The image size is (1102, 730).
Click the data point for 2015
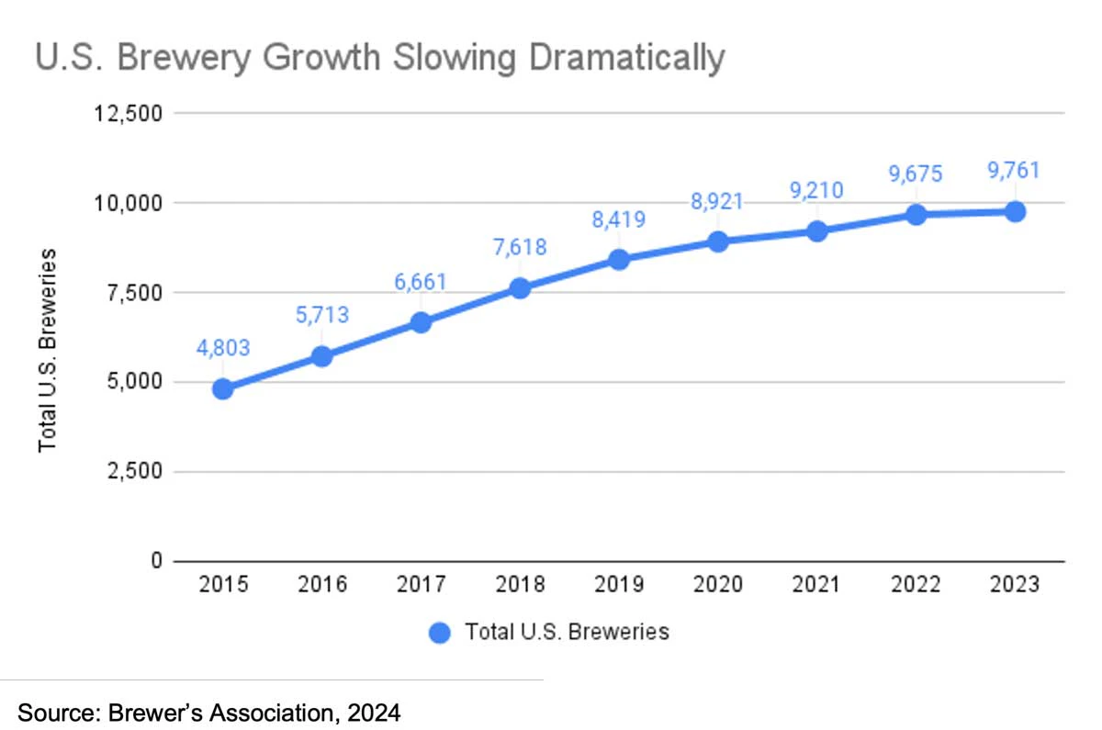[x=222, y=388]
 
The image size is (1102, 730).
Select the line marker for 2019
[x=619, y=260]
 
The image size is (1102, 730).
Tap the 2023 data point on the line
[x=1015, y=212]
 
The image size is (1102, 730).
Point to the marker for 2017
[x=421, y=322]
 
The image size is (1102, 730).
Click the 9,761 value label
[x=1014, y=172]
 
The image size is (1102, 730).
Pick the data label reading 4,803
[x=222, y=348]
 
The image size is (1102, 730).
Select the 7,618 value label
[x=520, y=247]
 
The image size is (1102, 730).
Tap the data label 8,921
[x=718, y=201]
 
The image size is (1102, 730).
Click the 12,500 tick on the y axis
[x=128, y=113]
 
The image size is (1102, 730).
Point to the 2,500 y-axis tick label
[x=133, y=471]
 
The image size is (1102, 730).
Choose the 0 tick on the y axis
[x=155, y=560]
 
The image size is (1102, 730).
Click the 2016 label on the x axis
[x=321, y=585]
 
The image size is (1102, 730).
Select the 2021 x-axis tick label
[x=817, y=585]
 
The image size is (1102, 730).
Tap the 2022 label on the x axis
[x=916, y=585]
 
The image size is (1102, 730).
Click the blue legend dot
[x=440, y=633]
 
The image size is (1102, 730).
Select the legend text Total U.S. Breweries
[x=567, y=633]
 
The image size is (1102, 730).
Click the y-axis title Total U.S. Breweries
[x=47, y=349]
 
